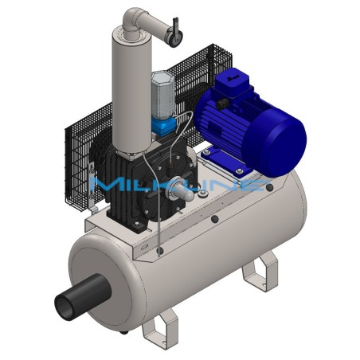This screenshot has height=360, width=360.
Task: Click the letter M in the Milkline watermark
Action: point(108,186)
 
